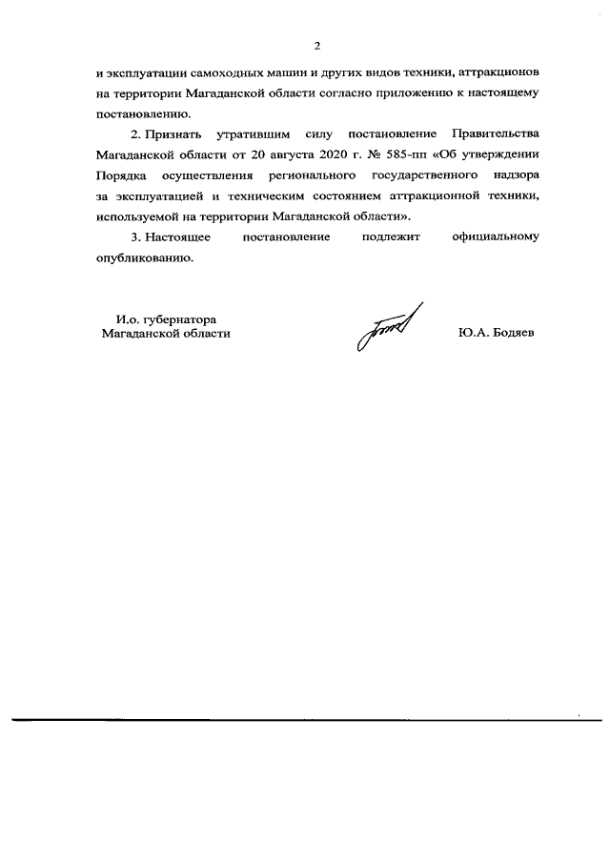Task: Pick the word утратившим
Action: [250, 132]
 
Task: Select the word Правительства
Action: [496, 132]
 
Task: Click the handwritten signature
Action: [385, 329]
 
